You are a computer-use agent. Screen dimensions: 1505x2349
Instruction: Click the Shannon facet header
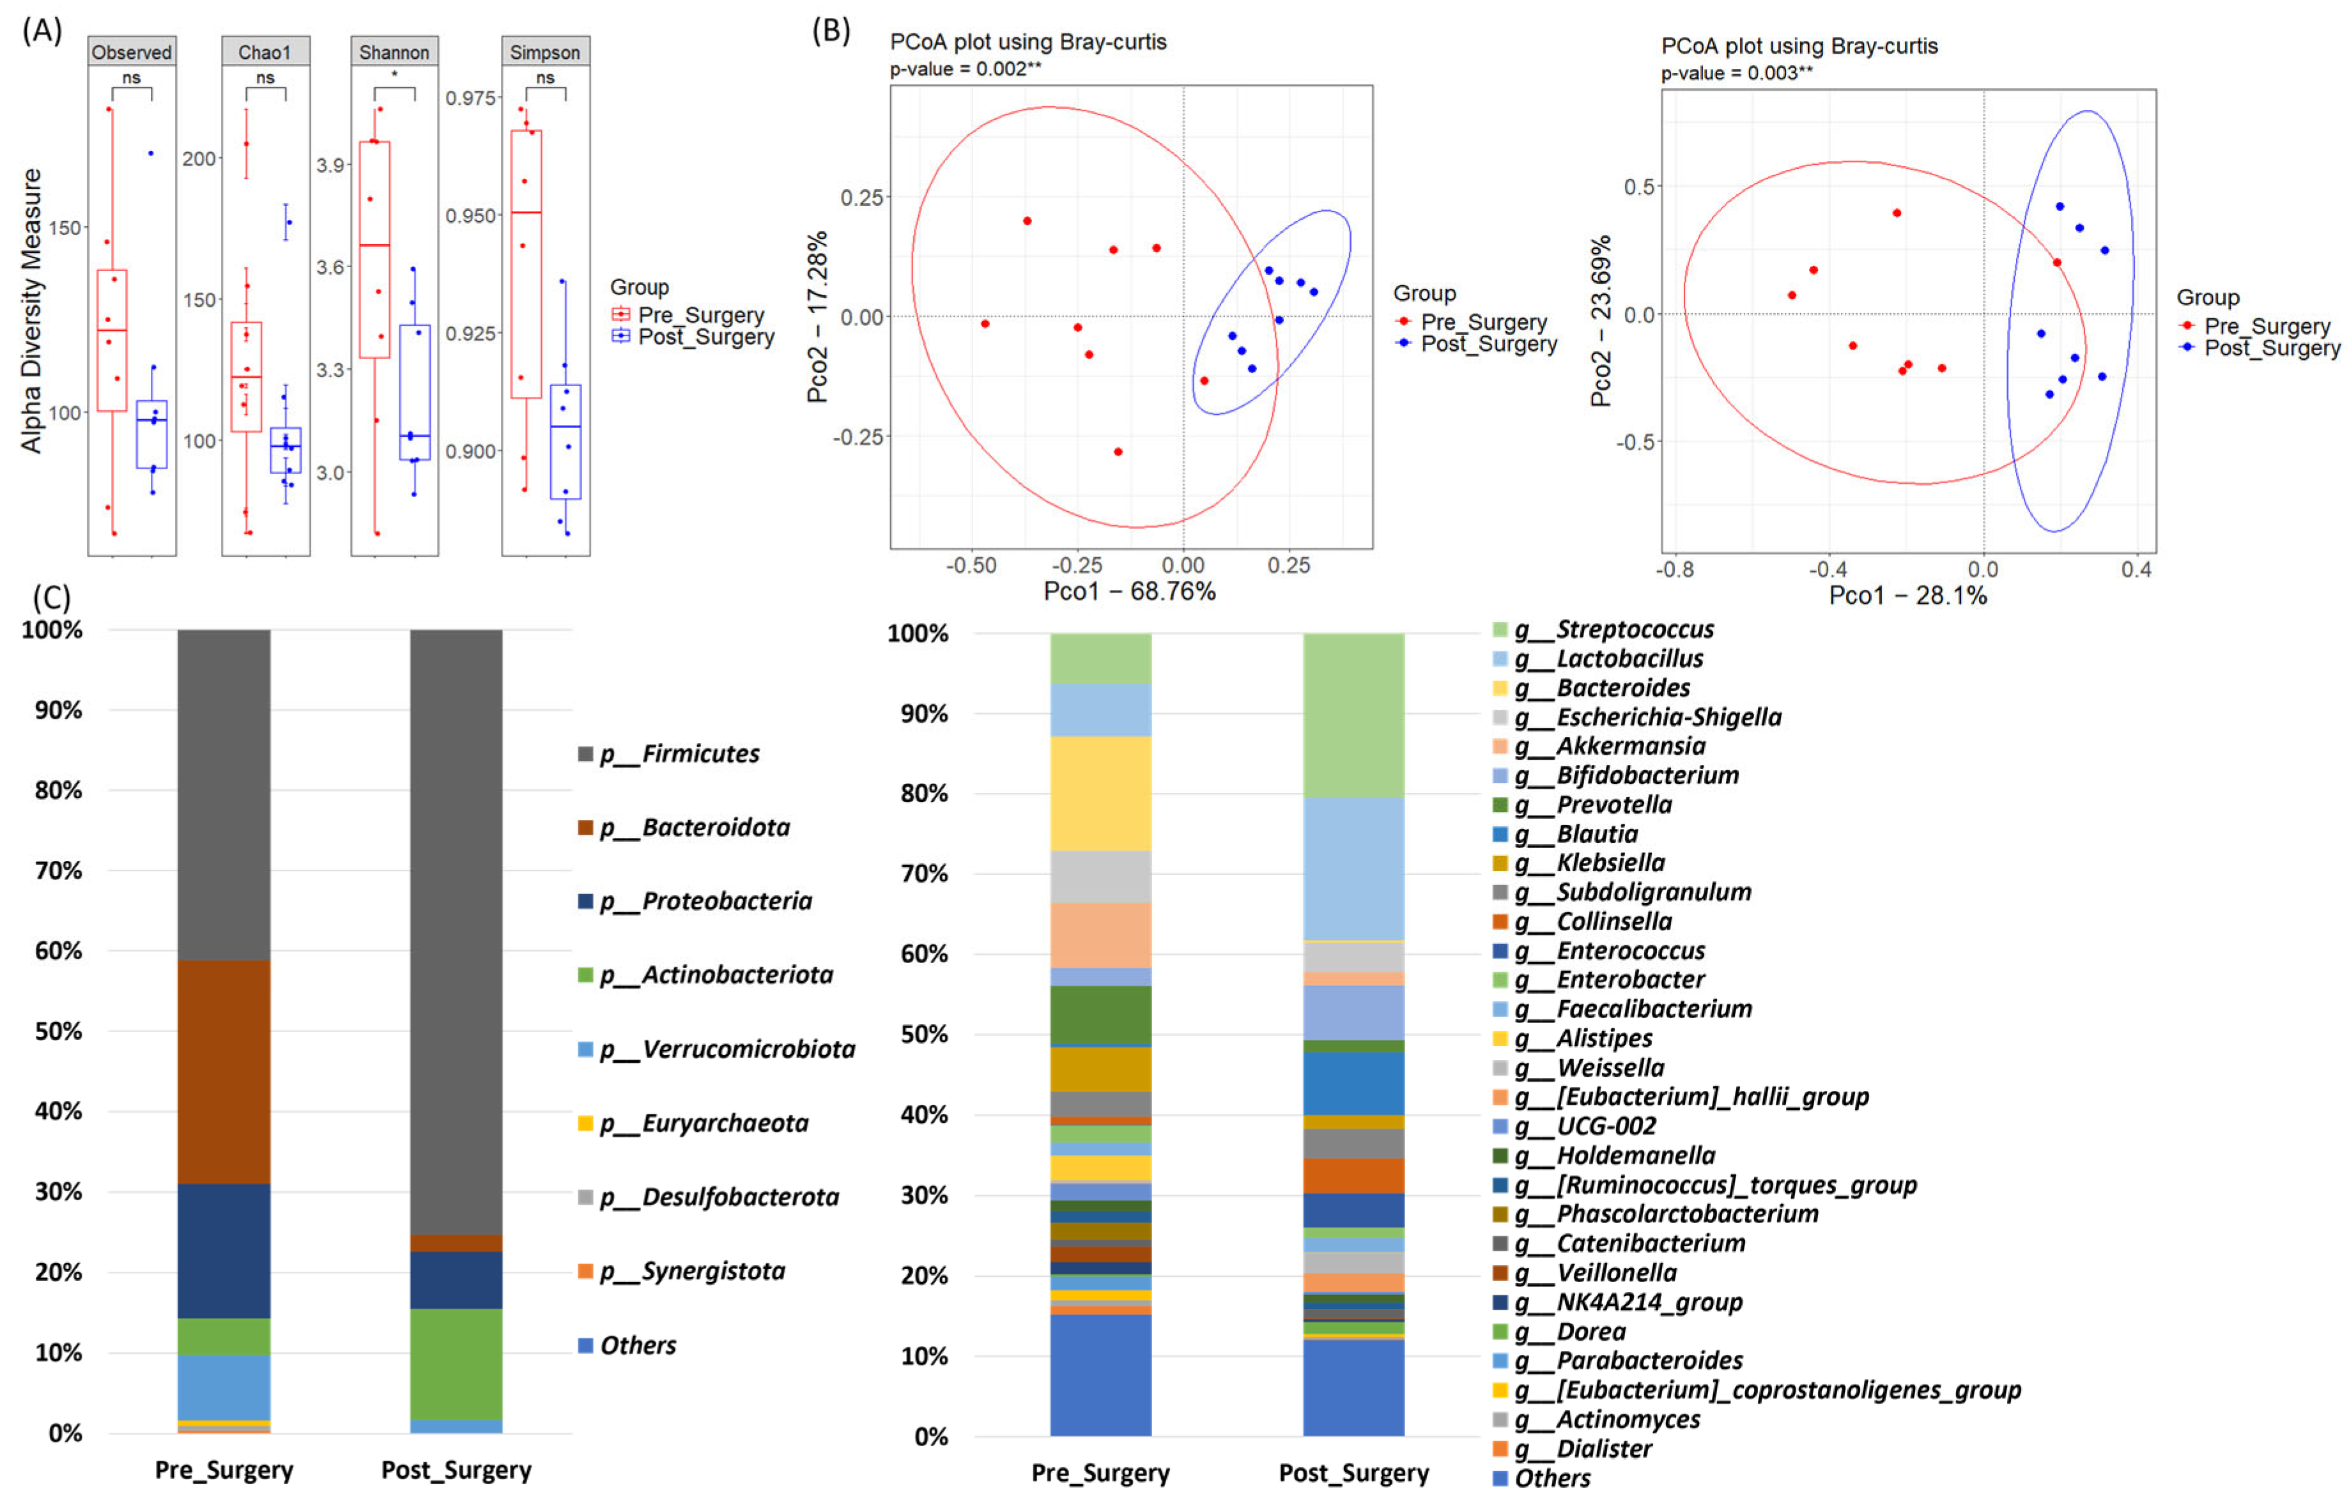394,52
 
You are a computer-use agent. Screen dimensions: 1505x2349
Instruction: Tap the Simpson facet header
544,52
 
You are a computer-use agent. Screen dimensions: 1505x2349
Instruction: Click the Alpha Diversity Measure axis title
31,311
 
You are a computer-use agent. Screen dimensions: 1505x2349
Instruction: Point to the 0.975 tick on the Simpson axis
472,98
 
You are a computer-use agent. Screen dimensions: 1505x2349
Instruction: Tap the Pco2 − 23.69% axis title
1599,321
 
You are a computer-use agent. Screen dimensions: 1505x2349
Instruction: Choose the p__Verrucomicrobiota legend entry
727,1049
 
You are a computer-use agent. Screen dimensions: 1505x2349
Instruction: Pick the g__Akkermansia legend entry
1630,746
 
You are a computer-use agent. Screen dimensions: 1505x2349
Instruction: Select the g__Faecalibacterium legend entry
1652,1010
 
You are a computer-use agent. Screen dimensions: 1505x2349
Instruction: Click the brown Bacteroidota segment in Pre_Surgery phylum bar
224,1072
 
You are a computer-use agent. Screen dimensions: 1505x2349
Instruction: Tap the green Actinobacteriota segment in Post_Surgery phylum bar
456,1364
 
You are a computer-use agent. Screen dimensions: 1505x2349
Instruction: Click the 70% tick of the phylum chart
59,871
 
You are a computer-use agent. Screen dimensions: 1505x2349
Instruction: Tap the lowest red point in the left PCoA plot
1118,451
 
